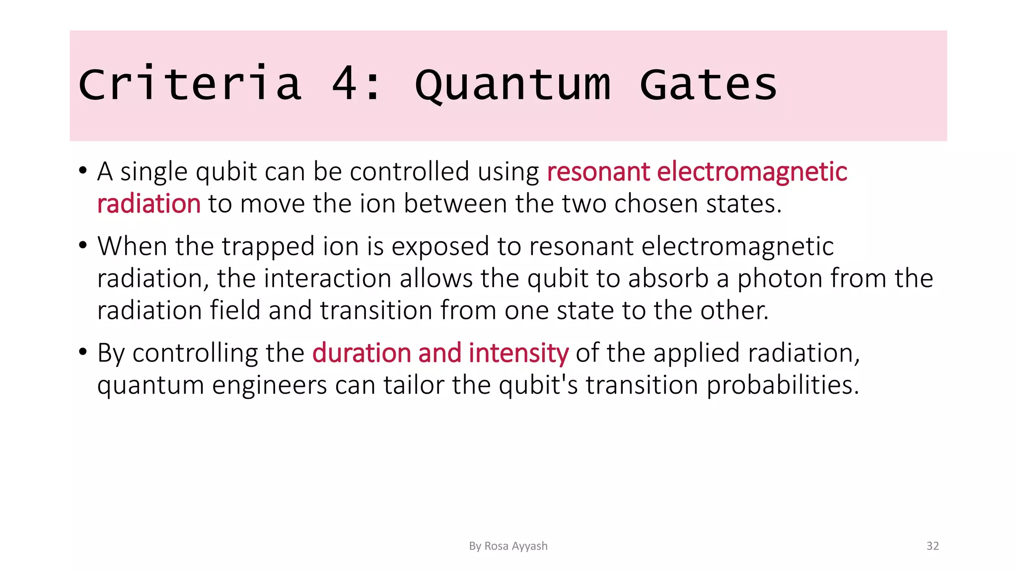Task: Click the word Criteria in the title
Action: (190, 84)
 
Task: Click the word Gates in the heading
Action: (708, 84)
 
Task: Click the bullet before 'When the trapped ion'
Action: (83, 246)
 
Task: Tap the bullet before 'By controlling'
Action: (83, 353)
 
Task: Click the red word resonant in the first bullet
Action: (598, 172)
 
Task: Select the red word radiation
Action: (148, 204)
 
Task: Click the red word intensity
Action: (518, 353)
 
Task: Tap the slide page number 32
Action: (933, 546)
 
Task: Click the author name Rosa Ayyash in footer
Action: (515, 546)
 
